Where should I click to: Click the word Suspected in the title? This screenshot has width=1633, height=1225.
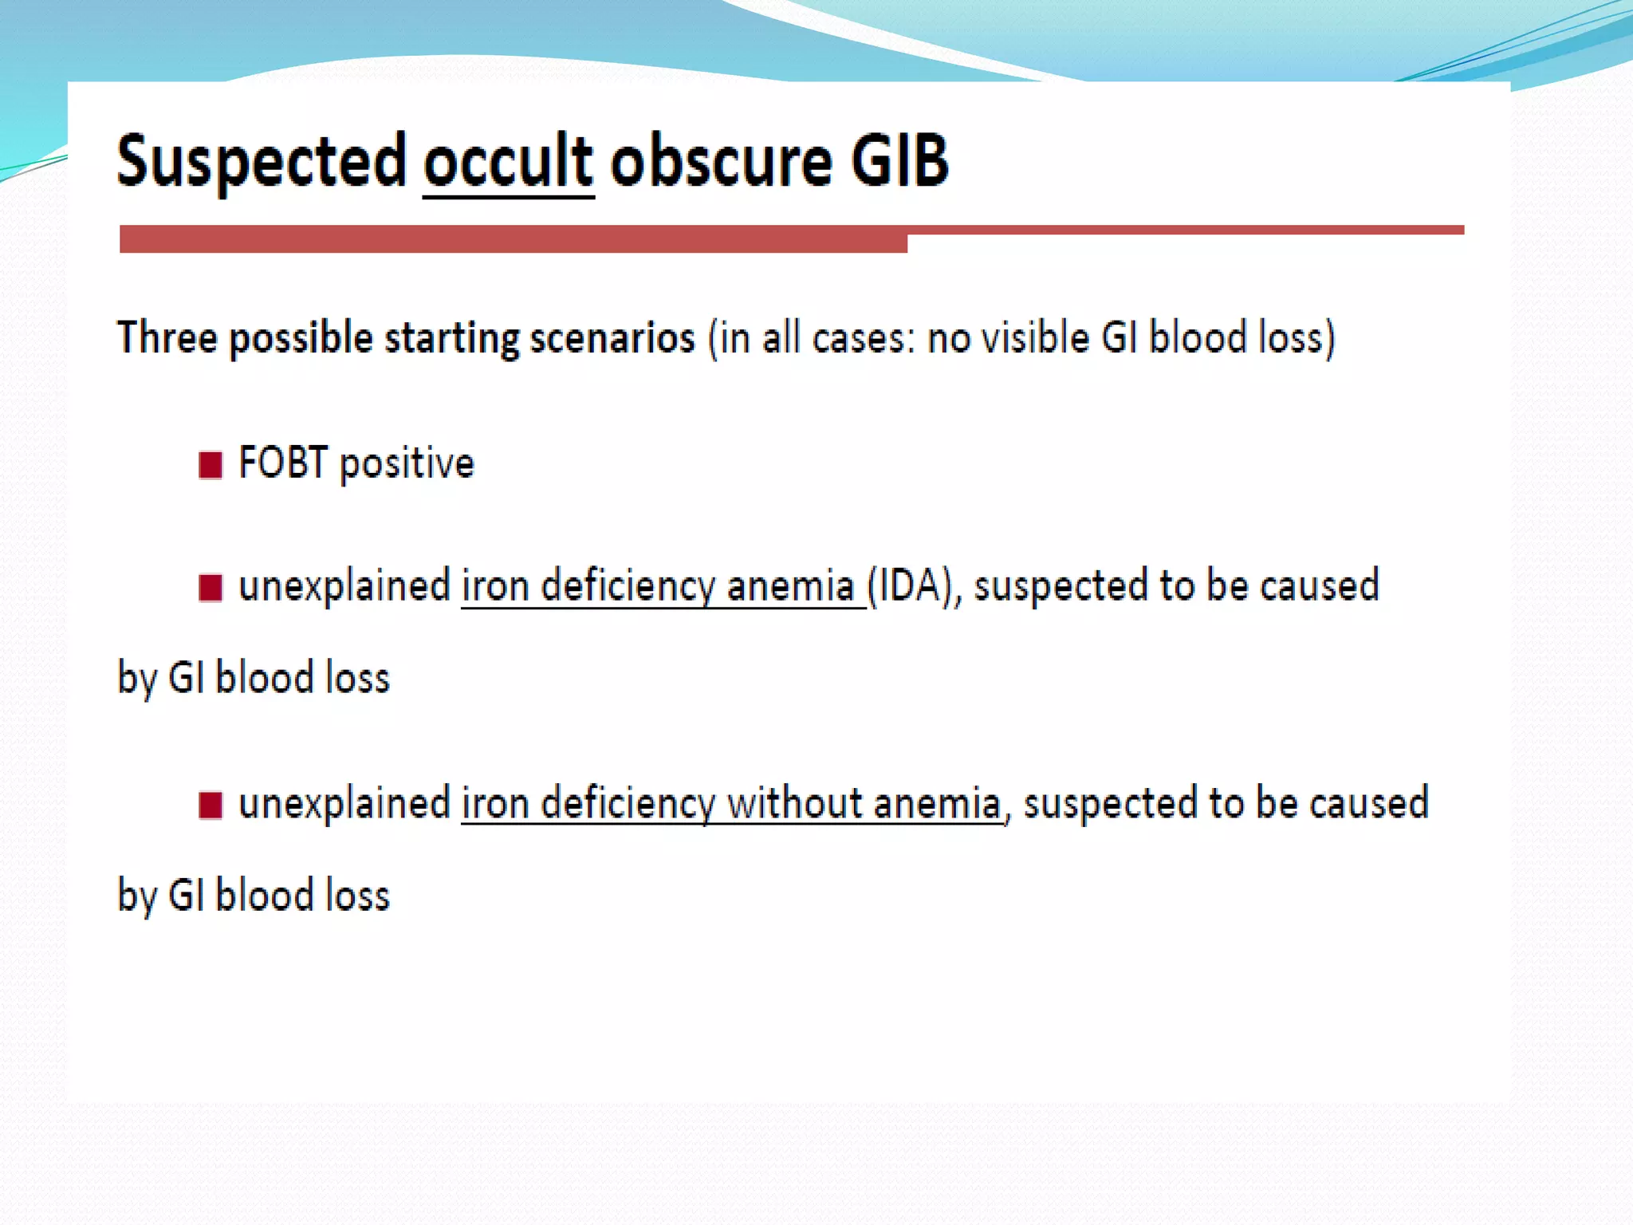(262, 162)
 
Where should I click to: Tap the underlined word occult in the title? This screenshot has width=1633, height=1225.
(508, 162)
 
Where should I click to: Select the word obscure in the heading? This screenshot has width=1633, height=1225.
(722, 162)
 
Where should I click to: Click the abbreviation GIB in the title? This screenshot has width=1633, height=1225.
(899, 162)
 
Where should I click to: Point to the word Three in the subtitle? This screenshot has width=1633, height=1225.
(167, 337)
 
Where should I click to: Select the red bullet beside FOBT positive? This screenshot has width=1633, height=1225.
(211, 464)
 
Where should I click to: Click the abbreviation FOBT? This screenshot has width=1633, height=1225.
(283, 463)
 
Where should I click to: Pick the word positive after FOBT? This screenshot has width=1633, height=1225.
(407, 465)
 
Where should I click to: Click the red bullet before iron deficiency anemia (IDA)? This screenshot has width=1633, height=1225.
(211, 588)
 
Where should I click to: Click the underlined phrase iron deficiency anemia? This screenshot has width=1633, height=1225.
(659, 587)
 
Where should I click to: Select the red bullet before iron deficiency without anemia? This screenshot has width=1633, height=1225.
(211, 805)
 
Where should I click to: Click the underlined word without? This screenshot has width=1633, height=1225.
(794, 803)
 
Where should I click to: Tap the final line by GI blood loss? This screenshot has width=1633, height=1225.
(254, 896)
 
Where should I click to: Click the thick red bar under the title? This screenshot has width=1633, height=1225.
(513, 239)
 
